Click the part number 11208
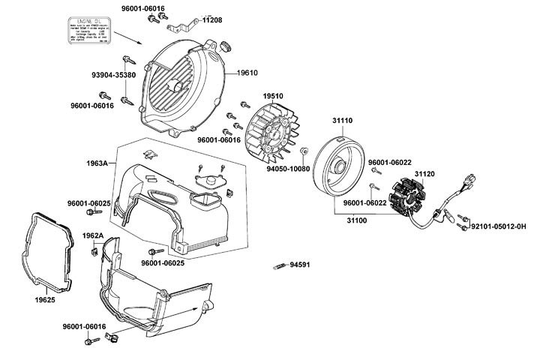tap(211, 21)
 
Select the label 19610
tap(248, 73)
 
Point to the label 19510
tap(273, 96)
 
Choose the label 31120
tap(424, 173)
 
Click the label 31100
tap(360, 221)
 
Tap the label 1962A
tap(92, 235)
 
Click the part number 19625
tap(46, 299)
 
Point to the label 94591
tap(300, 265)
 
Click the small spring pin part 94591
tap(280, 265)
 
